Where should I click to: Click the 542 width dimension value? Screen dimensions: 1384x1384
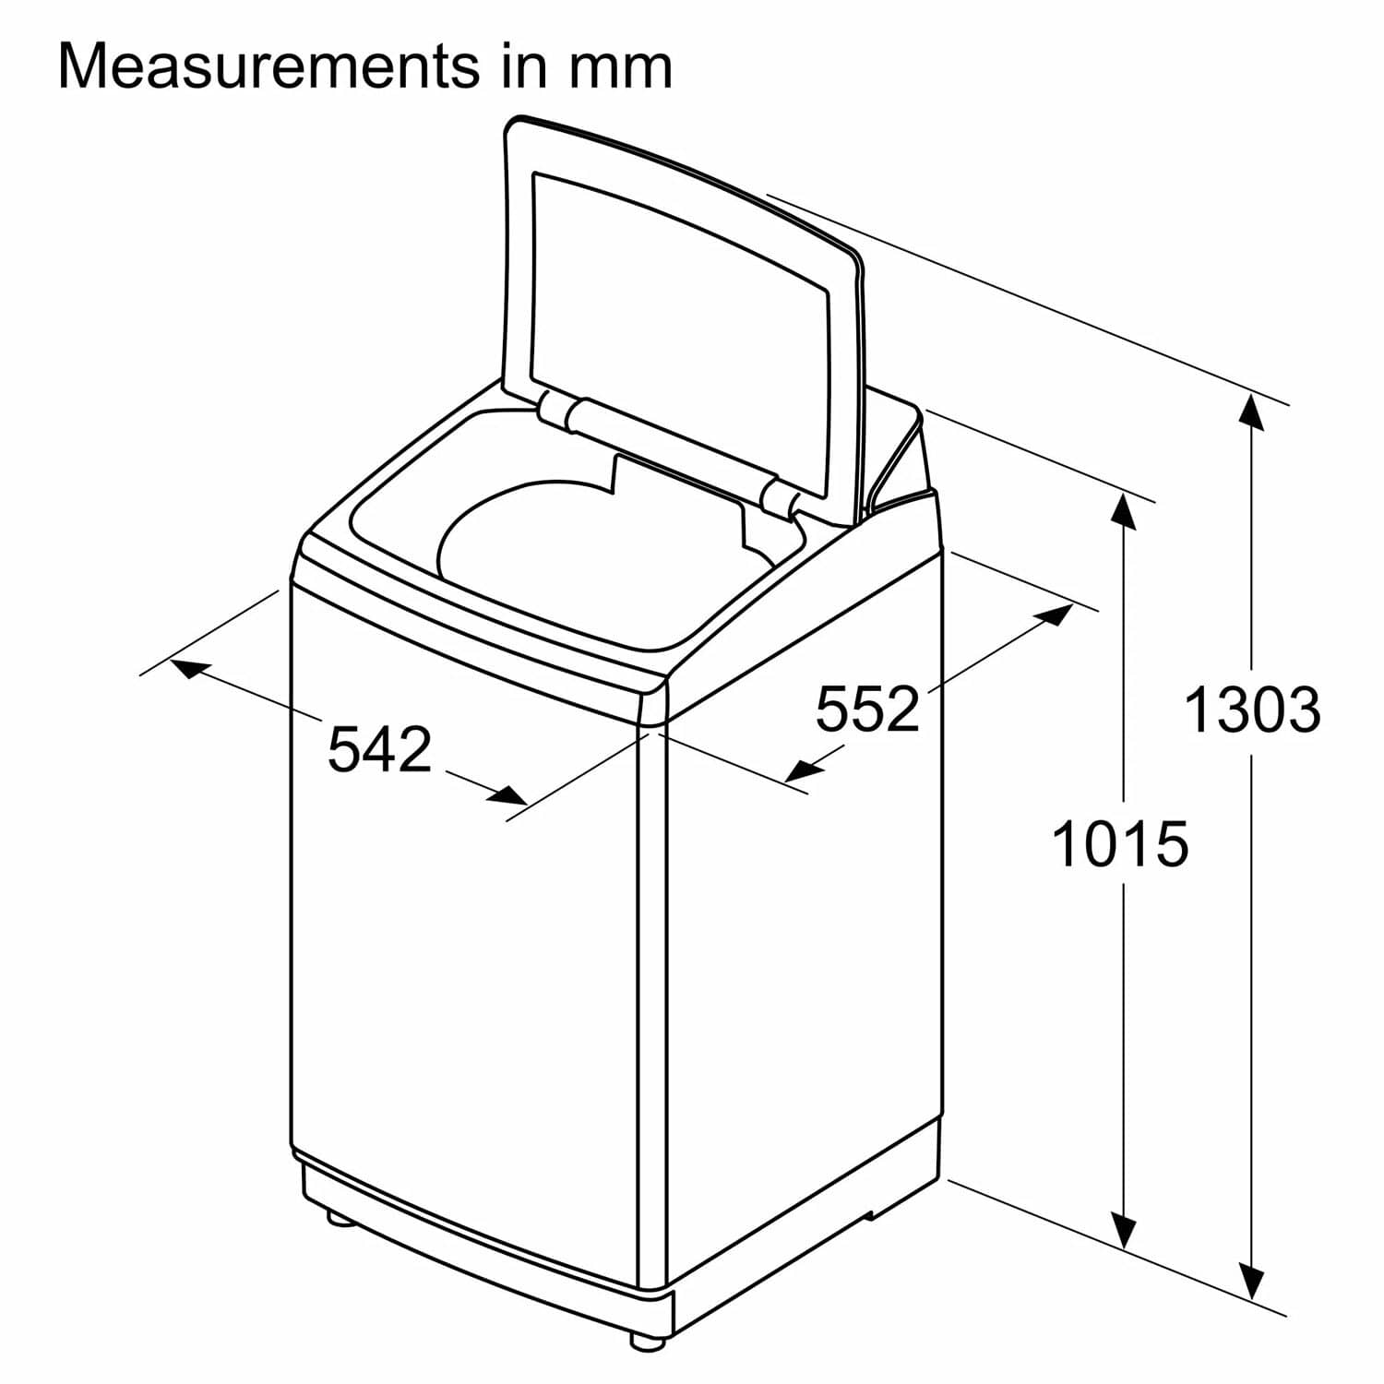coord(380,749)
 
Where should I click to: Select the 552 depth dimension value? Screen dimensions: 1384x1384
coord(867,709)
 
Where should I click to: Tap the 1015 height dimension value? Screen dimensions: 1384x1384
coord(1119,844)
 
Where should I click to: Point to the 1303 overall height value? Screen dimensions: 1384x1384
coord(1251,710)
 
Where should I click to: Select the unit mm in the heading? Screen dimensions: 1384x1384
coord(619,66)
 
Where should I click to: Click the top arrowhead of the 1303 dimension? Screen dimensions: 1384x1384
coord(1251,412)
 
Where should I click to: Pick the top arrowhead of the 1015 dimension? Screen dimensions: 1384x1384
coord(1123,511)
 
